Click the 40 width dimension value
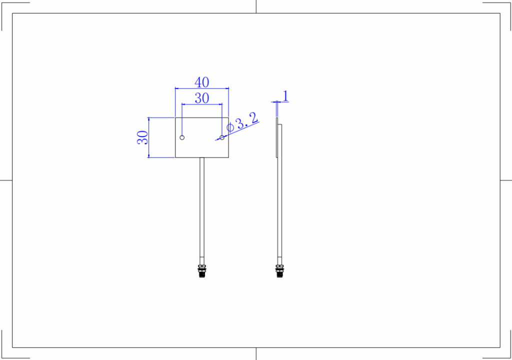point(202,82)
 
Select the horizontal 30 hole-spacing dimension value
point(202,98)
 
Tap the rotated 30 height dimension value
point(142,137)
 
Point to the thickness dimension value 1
point(285,95)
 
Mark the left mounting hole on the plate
point(182,137)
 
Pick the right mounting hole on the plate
point(222,137)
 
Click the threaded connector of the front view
point(202,270)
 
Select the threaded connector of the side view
point(279,270)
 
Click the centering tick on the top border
point(256,6)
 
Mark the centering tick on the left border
point(6,179)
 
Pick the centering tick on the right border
point(505,179)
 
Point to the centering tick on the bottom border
point(256,353)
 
